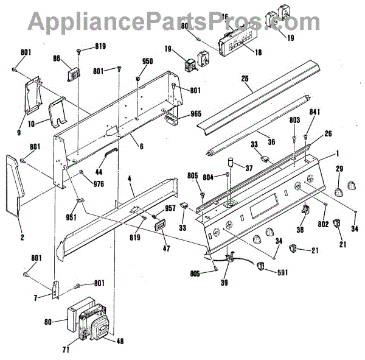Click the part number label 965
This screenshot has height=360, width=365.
195,114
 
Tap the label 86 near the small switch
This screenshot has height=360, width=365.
57,59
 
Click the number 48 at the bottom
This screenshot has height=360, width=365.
120,341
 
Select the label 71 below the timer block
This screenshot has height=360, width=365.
65,350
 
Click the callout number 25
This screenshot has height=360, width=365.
246,79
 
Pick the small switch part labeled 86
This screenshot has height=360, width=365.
74,72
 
